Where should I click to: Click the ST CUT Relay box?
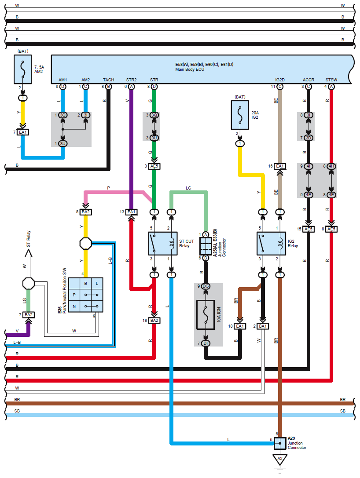tap(162, 244)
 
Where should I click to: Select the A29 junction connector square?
tap(279, 442)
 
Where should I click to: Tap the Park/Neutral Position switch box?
tap(86, 295)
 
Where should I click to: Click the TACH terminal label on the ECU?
tap(108, 80)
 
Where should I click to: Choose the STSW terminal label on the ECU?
tap(331, 80)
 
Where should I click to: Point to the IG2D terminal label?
tap(280, 80)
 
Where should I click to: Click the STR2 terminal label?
tap(131, 80)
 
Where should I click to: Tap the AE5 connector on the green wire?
tap(154, 166)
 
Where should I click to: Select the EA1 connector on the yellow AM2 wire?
tap(23, 132)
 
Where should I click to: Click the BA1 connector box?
tap(263, 326)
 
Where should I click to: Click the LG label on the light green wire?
tap(188, 188)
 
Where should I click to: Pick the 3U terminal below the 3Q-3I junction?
tap(63, 144)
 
